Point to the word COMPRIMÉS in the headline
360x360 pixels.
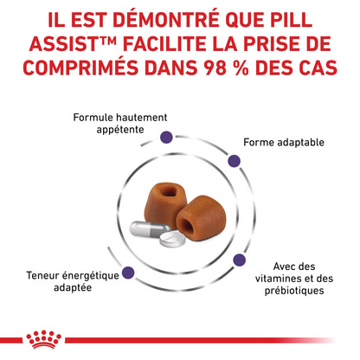point(80,67)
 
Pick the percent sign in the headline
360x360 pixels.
point(241,67)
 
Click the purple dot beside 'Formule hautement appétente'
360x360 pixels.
point(166,137)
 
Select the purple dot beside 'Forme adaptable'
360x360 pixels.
point(234,161)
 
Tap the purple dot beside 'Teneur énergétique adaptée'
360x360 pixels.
point(128,273)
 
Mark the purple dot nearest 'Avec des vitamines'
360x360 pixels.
point(240,260)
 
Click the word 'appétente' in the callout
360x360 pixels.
point(120,130)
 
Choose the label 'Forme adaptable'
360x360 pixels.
point(284,142)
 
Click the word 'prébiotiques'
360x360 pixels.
point(294,291)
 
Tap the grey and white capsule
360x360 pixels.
point(150,229)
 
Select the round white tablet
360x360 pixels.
point(173,239)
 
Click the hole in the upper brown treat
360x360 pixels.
point(167,190)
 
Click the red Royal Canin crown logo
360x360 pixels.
point(43,339)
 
